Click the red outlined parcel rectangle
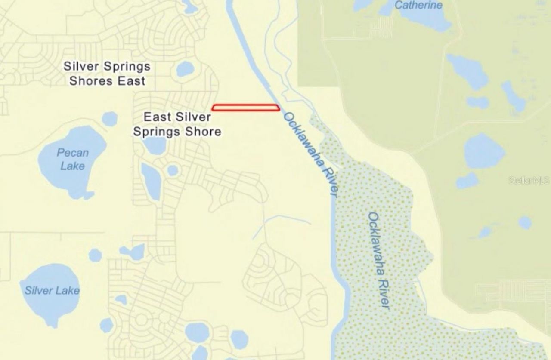coord(246,108)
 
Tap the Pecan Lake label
coord(72,159)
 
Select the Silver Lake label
coord(52,290)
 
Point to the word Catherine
coord(418,5)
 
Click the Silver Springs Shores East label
coord(107,74)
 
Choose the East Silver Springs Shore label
coord(177,124)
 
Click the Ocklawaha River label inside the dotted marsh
coord(379,261)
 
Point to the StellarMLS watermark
coord(529,180)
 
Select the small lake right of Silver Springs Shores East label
coord(185,69)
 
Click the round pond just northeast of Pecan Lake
coord(110,119)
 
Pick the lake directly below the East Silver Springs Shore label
coord(154,145)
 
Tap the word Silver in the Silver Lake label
coord(38,291)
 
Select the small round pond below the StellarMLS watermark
coord(525,222)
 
